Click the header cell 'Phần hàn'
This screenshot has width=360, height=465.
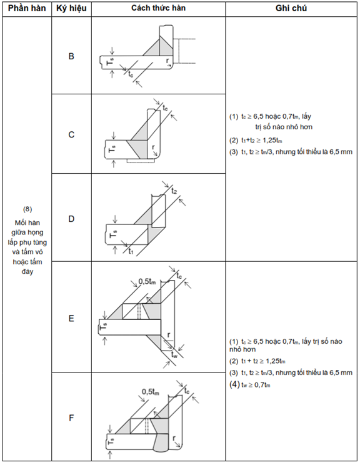click(27, 9)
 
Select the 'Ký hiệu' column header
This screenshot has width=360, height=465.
click(71, 9)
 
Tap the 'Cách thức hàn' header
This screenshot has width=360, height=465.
click(158, 8)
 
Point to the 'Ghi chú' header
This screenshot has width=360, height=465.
click(291, 8)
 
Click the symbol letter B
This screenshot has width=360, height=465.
click(71, 56)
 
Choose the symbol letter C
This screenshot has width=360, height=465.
click(71, 134)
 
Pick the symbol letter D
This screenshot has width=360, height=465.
click(71, 219)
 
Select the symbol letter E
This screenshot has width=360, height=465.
click(71, 318)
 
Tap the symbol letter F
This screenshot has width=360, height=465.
click(71, 418)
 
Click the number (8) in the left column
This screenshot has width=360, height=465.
click(27, 209)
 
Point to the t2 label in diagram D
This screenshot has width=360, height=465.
click(174, 191)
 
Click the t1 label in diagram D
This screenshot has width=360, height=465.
click(131, 251)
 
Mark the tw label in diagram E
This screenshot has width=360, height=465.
click(174, 354)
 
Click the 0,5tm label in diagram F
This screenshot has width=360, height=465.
click(151, 392)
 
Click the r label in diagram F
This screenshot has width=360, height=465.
click(174, 438)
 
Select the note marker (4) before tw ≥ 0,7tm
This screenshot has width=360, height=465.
click(234, 384)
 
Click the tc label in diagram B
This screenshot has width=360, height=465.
click(131, 74)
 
